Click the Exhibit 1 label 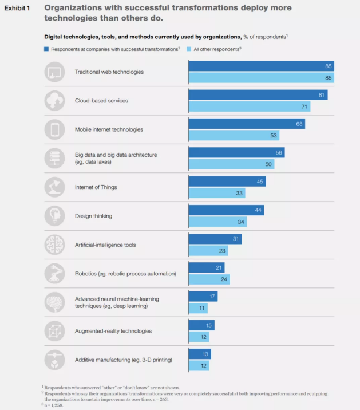(x=17, y=9)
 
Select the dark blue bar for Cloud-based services (x=258, y=95)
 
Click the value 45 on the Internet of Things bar (x=259, y=182)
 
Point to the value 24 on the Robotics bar (x=224, y=279)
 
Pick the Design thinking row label (x=93, y=216)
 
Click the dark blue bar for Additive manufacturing (x=200, y=354)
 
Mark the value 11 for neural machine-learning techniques (x=202, y=308)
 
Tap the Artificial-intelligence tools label (x=105, y=245)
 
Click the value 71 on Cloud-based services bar (x=304, y=107)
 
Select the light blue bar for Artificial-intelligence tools (x=208, y=250)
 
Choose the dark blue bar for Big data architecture (x=236, y=153)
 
